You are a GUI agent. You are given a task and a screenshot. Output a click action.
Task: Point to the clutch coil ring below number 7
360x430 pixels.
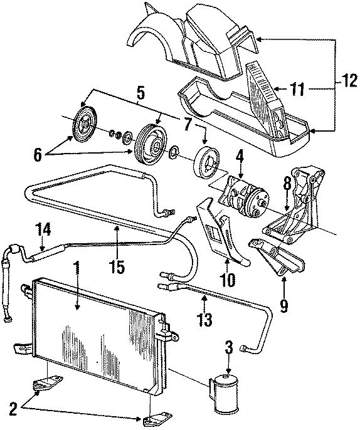[205, 160]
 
